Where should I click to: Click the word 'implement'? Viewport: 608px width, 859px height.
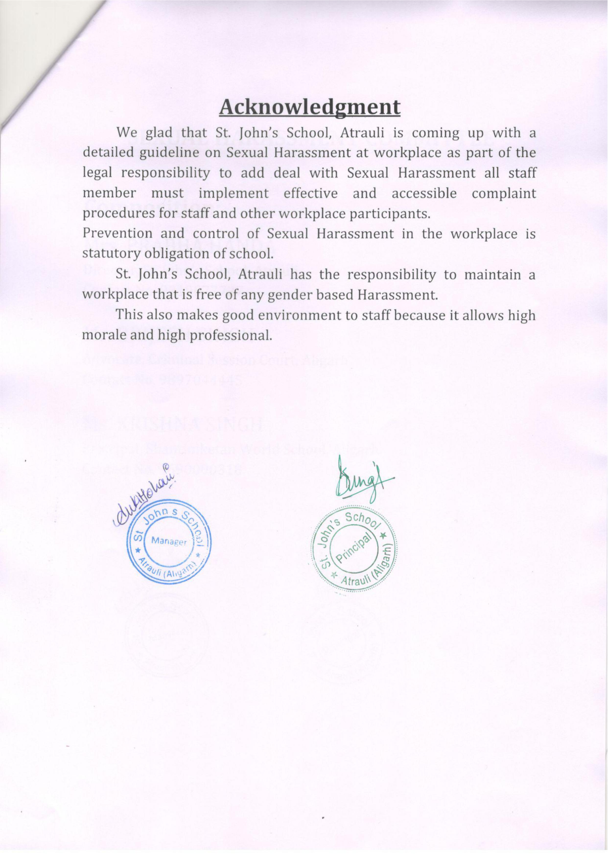coord(233,194)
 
